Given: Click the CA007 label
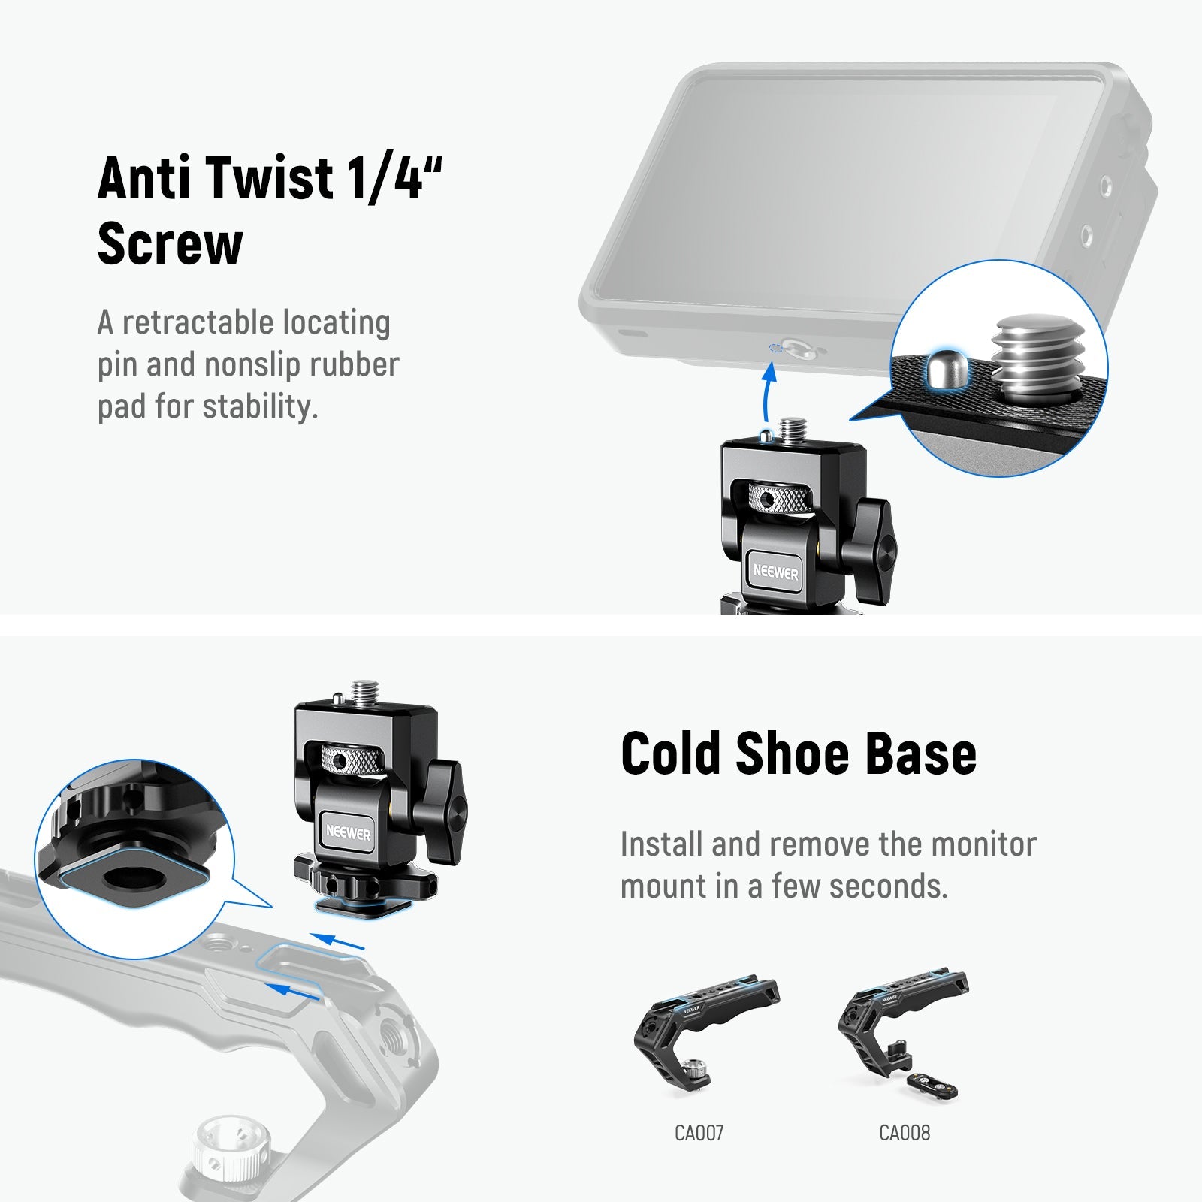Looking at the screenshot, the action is [x=699, y=1132].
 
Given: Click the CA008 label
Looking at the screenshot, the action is [x=905, y=1132].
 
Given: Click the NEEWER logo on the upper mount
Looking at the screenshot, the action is [x=776, y=572].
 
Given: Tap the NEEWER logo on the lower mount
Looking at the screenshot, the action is [x=348, y=833].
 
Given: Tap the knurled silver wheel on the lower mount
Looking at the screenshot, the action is [x=349, y=760].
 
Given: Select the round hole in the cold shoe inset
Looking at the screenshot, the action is [x=126, y=878].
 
